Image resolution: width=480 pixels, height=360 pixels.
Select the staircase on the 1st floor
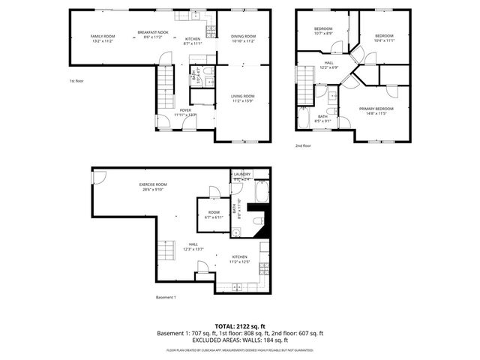[x=164, y=83]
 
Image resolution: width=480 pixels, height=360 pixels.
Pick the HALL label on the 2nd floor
[x=328, y=64]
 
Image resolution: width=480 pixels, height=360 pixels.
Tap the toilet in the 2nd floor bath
[x=331, y=94]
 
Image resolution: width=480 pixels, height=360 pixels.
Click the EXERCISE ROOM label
[x=152, y=186]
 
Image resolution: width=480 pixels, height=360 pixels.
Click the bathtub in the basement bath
[x=262, y=196]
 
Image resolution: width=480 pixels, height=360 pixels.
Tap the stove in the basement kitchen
[x=262, y=268]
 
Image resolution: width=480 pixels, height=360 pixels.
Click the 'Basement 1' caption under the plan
[x=166, y=298]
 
